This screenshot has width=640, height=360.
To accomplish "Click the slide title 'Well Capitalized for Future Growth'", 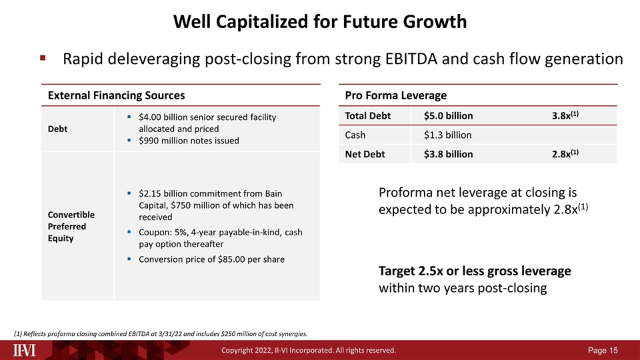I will click(x=320, y=21).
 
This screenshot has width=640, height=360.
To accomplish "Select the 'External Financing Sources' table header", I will click(x=115, y=95).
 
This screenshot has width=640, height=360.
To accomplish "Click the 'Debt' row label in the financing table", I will click(x=57, y=129).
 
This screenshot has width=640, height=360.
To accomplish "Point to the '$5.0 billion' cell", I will click(x=449, y=116).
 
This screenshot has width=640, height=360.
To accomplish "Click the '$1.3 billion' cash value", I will click(x=448, y=135).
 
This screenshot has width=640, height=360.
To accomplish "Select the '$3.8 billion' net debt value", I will click(x=449, y=155).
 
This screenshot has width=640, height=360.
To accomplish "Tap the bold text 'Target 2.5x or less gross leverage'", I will click(x=475, y=271).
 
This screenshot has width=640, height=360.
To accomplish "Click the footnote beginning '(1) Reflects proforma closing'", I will click(x=161, y=333).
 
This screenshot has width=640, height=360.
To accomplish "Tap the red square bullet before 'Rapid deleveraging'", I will click(x=43, y=59).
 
